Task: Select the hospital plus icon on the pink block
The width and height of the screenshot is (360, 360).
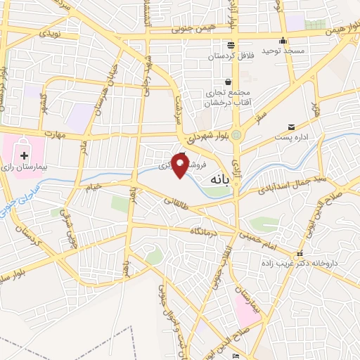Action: pyautogui.click(x=25, y=154)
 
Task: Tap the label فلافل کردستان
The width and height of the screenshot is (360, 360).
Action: pyautogui.click(x=229, y=55)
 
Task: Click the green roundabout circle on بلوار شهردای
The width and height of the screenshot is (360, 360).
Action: pyautogui.click(x=237, y=135)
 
